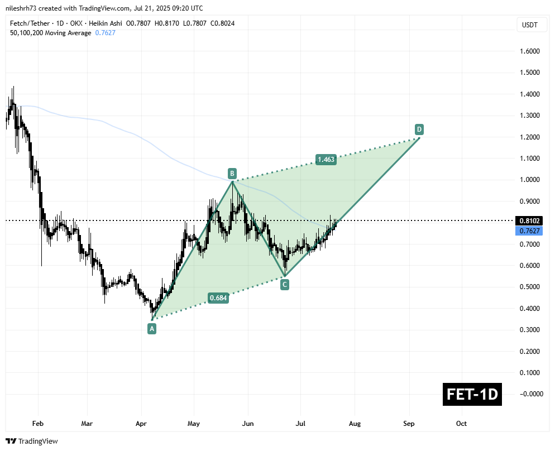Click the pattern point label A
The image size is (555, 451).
tap(151, 329)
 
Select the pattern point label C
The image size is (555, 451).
tap(285, 285)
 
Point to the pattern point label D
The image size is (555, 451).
tap(419, 129)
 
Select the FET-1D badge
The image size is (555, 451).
tap(472, 395)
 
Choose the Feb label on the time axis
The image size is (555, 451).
tap(37, 424)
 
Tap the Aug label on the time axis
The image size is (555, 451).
tap(355, 424)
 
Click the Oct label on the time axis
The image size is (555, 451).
tap(461, 424)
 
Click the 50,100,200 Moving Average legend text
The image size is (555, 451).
tap(50, 33)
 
